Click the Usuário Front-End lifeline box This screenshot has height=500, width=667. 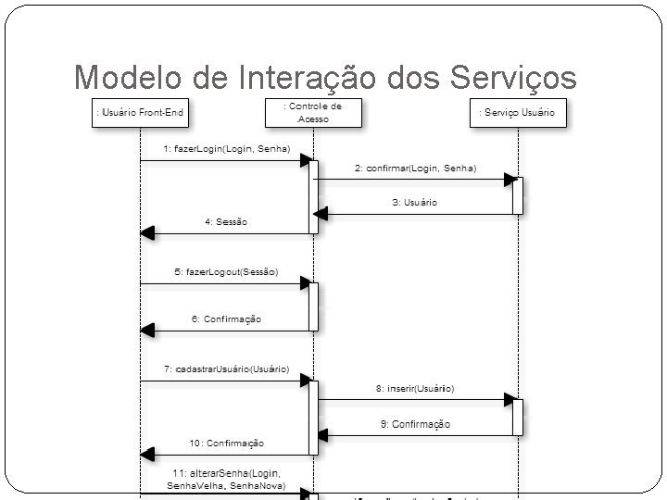coord(140,113)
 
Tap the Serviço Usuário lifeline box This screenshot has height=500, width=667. coord(517,113)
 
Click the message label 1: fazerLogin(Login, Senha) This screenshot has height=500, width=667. coord(226,148)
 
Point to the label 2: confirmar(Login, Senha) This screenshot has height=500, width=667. coord(415,169)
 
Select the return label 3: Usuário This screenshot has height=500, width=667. coord(415,202)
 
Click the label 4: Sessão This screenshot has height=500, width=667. coord(226,222)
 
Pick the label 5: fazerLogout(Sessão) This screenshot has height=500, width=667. coord(226,272)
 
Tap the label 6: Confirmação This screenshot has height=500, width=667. coord(226,319)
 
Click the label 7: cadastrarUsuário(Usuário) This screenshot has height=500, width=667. coord(226,369)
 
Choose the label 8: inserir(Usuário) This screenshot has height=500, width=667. coord(415,389)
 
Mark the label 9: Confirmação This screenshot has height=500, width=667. coord(415,424)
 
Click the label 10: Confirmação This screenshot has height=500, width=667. coord(226,444)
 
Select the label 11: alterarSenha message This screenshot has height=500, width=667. coord(226,479)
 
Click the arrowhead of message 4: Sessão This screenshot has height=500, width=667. coord(146,233)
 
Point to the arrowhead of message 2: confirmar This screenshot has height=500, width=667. coord(510,179)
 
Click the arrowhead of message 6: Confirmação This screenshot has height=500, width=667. coord(146,330)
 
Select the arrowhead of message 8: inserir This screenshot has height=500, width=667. coord(510,400)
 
